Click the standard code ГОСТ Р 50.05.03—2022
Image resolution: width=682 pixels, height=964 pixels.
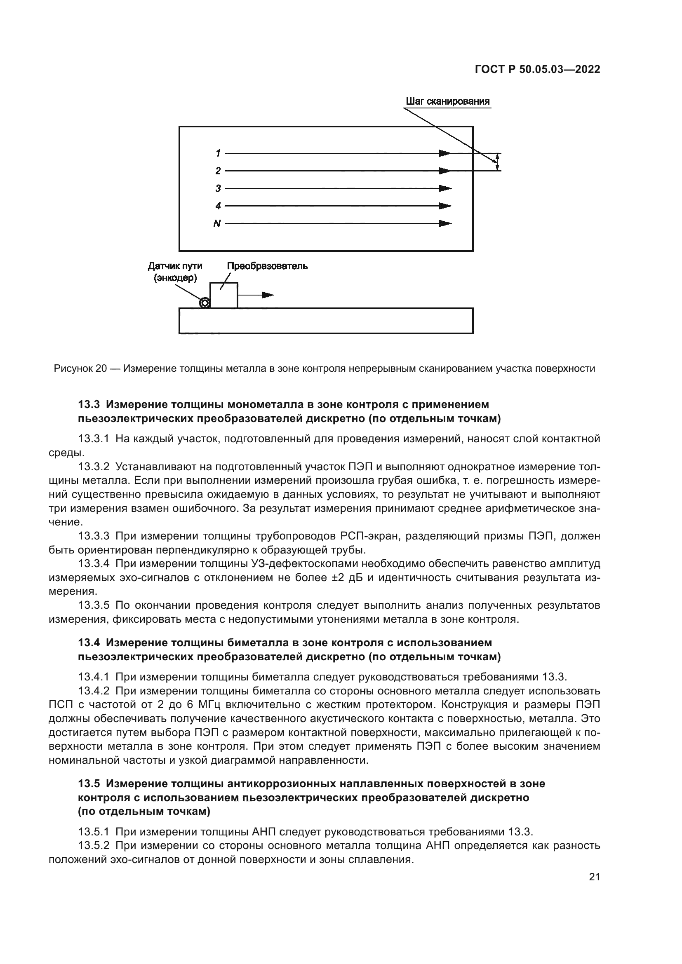pos(537,70)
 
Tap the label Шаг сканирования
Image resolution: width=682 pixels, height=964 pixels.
pos(447,101)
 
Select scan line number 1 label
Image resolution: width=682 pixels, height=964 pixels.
pos(218,153)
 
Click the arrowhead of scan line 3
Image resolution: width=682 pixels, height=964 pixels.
pos(445,188)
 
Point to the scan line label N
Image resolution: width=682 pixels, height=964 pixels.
pos(217,224)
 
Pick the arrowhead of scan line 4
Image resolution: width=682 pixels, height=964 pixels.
pos(445,206)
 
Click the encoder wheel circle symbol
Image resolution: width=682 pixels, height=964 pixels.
pos(205,303)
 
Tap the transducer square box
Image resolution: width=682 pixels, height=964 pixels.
pos(223,296)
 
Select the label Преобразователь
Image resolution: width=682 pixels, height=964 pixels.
pos(267,266)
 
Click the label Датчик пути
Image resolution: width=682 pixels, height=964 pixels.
pos(175,266)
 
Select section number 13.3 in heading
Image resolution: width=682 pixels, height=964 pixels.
pos(89,404)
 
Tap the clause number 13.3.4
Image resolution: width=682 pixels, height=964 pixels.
pos(94,563)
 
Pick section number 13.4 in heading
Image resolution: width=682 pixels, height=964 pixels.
pos(89,643)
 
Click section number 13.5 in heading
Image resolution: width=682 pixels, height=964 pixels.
pos(89,783)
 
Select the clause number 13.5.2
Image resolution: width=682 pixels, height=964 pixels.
pos(94,845)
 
